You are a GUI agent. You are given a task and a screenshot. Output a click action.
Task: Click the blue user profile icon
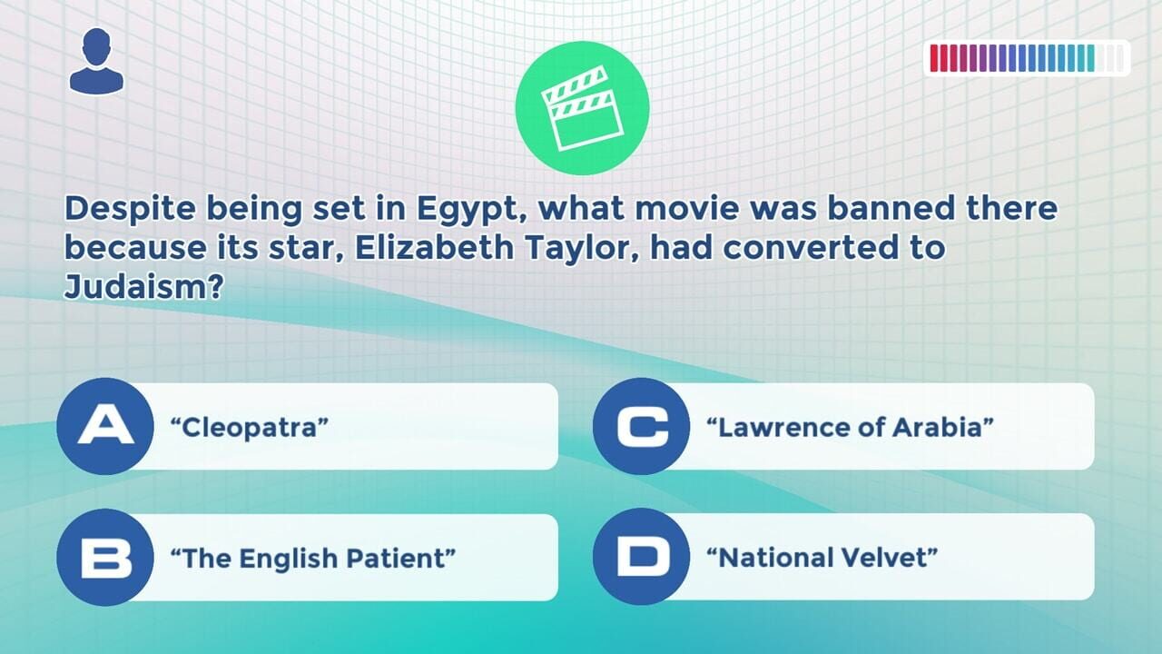[96, 61]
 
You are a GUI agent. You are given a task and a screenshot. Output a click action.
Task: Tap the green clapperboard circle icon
[582, 107]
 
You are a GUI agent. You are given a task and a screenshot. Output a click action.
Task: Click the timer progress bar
[1027, 58]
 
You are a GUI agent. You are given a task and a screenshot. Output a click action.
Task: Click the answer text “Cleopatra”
[250, 427]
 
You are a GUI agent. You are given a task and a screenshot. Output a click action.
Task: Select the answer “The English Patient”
[313, 558]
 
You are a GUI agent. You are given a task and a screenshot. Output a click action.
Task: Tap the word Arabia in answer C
[943, 427]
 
